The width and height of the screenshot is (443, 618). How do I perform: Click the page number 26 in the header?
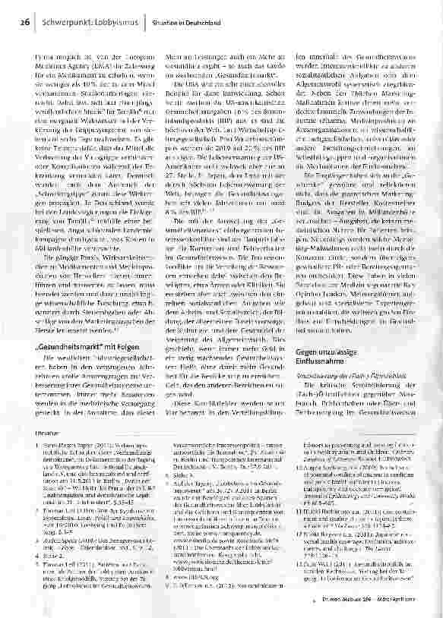point(27,24)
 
